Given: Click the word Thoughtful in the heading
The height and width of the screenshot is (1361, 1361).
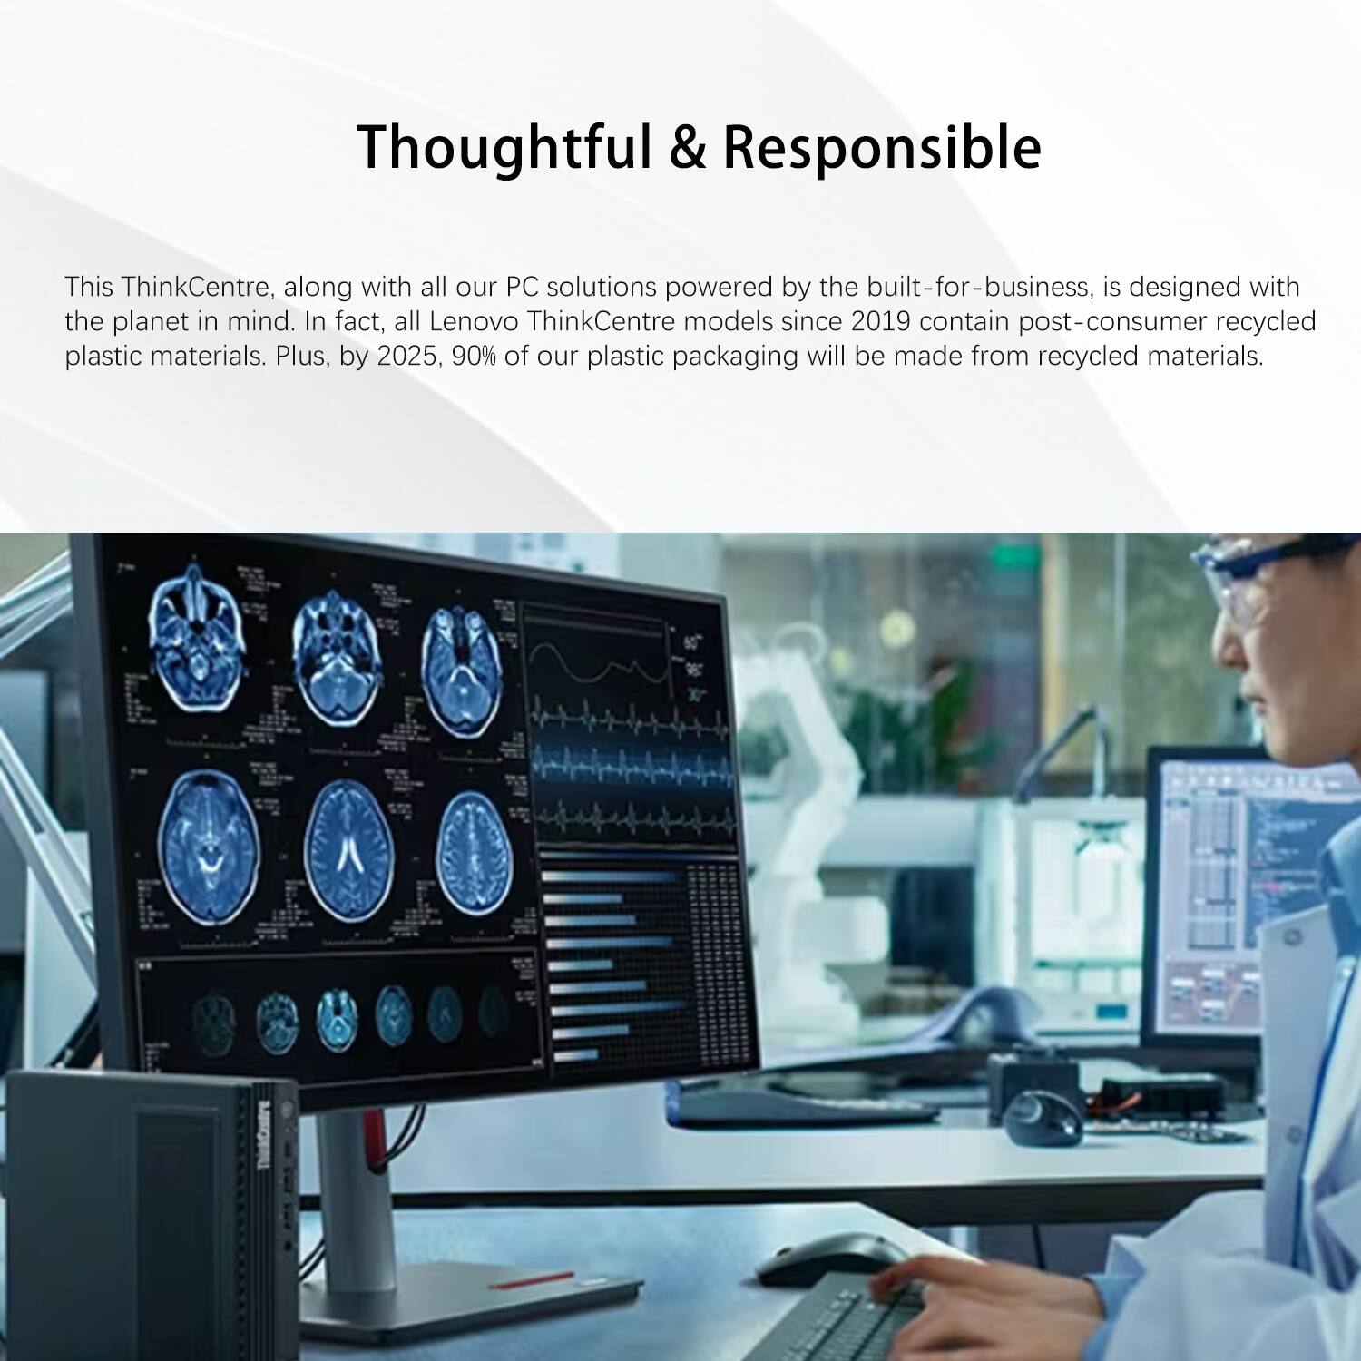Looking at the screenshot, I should (x=504, y=147).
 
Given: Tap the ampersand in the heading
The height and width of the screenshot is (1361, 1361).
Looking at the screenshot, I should (x=689, y=147).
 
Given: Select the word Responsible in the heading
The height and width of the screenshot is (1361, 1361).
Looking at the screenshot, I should (x=882, y=147).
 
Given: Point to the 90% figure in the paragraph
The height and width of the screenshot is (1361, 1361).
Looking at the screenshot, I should (x=474, y=356).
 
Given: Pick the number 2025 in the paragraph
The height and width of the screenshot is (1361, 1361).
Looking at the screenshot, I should (x=406, y=356).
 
